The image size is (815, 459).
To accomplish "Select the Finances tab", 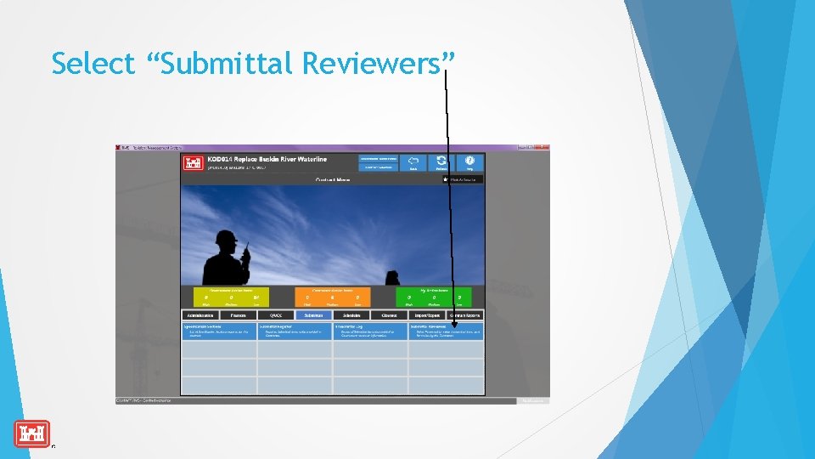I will click(x=238, y=315).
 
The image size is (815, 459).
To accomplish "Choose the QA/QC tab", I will click(x=276, y=315).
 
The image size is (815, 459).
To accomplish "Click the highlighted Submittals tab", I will click(x=313, y=315).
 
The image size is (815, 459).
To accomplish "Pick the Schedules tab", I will click(x=351, y=315).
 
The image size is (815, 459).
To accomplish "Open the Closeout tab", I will click(x=389, y=315).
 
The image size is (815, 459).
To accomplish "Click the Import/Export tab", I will click(x=427, y=315).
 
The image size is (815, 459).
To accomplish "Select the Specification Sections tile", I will click(x=218, y=330).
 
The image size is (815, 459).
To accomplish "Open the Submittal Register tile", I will click(x=295, y=330).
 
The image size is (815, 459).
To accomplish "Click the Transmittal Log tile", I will click(x=370, y=330).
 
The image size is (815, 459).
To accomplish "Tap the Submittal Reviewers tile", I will click(x=446, y=330).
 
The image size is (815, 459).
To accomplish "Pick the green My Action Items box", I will click(x=433, y=297).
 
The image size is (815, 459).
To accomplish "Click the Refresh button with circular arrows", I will click(x=441, y=161).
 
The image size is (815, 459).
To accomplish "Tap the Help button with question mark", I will click(x=470, y=161).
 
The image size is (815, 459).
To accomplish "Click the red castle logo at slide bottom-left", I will click(x=31, y=433).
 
